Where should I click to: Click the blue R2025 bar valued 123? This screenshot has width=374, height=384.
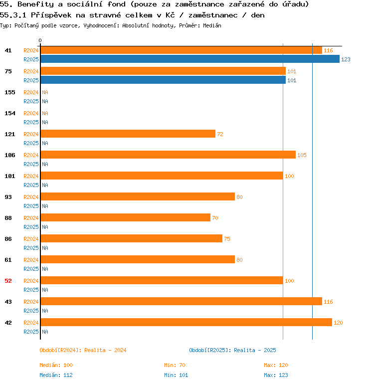(189, 59)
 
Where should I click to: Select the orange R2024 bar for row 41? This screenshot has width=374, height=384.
(181, 50)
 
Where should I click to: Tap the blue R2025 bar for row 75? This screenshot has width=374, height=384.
(163, 80)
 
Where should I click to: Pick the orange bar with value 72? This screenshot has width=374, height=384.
(128, 134)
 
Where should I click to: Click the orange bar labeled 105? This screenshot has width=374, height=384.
(168, 155)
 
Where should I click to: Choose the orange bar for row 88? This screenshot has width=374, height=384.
(125, 217)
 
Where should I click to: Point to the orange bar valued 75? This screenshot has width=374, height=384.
(131, 238)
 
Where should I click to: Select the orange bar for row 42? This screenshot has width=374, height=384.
(186, 322)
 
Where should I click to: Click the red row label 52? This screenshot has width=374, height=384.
(8, 281)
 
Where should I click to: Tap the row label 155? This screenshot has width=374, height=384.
(10, 92)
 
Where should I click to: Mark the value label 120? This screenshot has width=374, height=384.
(338, 323)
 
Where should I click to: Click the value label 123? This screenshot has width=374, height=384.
(346, 59)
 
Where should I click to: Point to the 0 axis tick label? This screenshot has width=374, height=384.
(40, 40)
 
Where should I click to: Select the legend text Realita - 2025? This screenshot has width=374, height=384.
(255, 350)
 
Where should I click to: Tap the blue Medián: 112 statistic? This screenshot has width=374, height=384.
(56, 375)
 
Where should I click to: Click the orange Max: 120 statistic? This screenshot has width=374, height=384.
(276, 365)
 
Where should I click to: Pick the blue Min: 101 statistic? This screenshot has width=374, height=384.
(176, 375)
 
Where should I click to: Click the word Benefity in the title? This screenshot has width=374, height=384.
(36, 4)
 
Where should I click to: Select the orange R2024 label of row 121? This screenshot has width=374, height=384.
(31, 134)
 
